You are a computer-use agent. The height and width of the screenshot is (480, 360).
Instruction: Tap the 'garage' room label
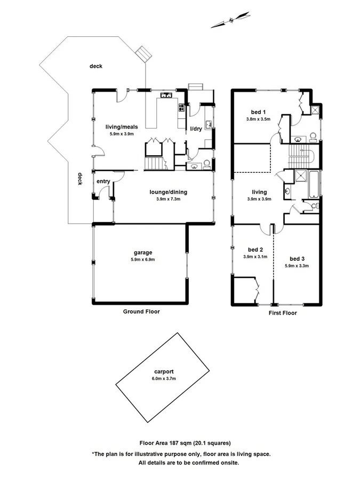[143, 252]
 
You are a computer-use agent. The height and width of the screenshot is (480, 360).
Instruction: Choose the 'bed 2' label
[255, 249]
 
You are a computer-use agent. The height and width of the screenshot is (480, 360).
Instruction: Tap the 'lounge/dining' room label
[167, 192]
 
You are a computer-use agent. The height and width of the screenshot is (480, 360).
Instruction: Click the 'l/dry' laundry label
[196, 129]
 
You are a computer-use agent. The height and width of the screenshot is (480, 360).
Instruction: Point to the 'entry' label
[103, 182]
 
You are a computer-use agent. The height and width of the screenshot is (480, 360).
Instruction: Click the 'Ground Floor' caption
[141, 311]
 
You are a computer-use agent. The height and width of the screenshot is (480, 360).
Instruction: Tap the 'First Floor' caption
[282, 313]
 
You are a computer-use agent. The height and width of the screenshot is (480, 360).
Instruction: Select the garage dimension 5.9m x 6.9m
[143, 260]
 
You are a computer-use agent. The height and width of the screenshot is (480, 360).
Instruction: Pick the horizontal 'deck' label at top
[96, 66]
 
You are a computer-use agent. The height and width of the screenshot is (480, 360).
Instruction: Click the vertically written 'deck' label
[80, 179]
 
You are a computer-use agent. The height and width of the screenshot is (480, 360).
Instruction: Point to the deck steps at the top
[144, 54]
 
